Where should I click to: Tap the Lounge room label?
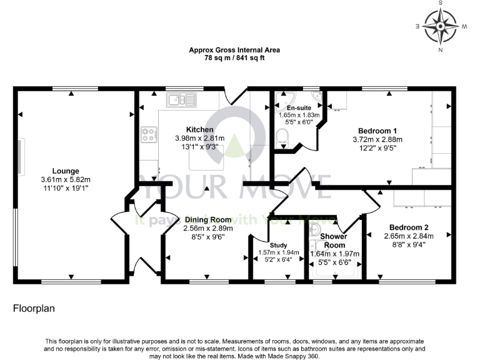[66, 171]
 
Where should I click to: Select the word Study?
[278, 245]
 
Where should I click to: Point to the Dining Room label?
[208, 219]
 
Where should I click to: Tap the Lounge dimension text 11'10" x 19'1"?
[66, 188]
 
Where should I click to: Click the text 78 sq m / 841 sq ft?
[234, 58]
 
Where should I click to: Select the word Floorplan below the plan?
[32, 309]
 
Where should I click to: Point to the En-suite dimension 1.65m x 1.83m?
[299, 116]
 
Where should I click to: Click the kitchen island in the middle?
[206, 160]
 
